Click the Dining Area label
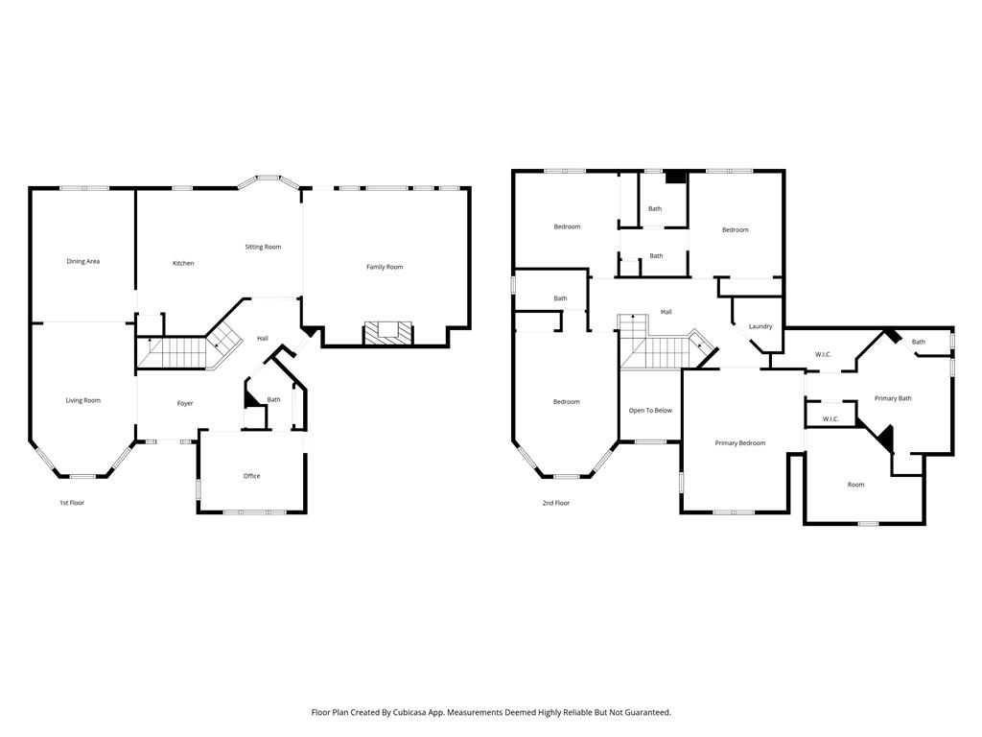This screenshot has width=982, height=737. (83, 261)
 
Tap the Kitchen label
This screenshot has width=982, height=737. (183, 263)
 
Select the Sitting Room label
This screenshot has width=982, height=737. (263, 247)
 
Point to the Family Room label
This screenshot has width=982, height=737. (385, 267)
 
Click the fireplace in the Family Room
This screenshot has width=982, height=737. (388, 333)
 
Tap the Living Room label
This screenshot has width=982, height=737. (83, 400)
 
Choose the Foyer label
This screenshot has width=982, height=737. (185, 403)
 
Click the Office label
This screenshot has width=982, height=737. (251, 476)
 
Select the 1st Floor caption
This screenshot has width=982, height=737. (72, 503)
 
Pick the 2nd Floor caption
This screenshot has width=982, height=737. (556, 503)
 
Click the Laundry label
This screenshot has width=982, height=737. (760, 326)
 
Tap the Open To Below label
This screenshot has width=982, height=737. (650, 411)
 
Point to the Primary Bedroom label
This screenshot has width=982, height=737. (740, 443)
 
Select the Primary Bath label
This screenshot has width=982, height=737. (892, 398)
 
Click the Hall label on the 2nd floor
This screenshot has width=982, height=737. (666, 312)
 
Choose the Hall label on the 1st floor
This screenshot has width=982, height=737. (263, 338)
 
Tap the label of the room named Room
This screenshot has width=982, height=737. (855, 485)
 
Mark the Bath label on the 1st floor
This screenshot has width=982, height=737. (274, 400)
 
